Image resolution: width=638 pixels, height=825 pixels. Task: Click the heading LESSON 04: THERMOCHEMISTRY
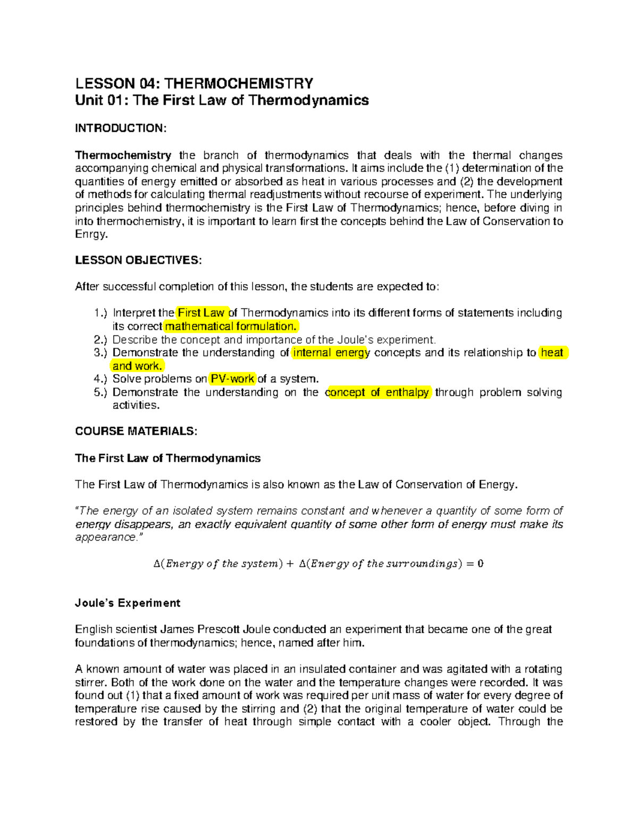pyautogui.click(x=194, y=83)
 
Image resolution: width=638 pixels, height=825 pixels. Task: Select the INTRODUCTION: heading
pyautogui.click(x=121, y=128)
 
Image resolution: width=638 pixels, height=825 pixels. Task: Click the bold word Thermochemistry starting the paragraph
pyautogui.click(x=123, y=155)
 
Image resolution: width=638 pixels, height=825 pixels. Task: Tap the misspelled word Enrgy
pyautogui.click(x=91, y=234)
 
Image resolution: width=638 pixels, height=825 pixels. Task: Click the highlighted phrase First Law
pyautogui.click(x=202, y=313)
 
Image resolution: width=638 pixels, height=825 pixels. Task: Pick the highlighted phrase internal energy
pyautogui.click(x=331, y=353)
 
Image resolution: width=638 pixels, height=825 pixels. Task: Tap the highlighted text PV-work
pyautogui.click(x=233, y=379)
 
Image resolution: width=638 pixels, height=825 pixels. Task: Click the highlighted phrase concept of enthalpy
pyautogui.click(x=377, y=392)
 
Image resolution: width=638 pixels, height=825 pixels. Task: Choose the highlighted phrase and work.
pyautogui.click(x=137, y=366)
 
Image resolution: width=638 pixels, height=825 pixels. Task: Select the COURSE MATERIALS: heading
pyautogui.click(x=136, y=431)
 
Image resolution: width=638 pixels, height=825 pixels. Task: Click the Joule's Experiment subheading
pyautogui.click(x=128, y=603)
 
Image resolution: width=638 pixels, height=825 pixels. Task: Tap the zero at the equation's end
pyautogui.click(x=480, y=564)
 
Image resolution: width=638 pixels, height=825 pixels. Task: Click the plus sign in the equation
pyautogui.click(x=289, y=564)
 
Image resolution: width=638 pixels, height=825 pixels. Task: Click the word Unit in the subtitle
pyautogui.click(x=89, y=100)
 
